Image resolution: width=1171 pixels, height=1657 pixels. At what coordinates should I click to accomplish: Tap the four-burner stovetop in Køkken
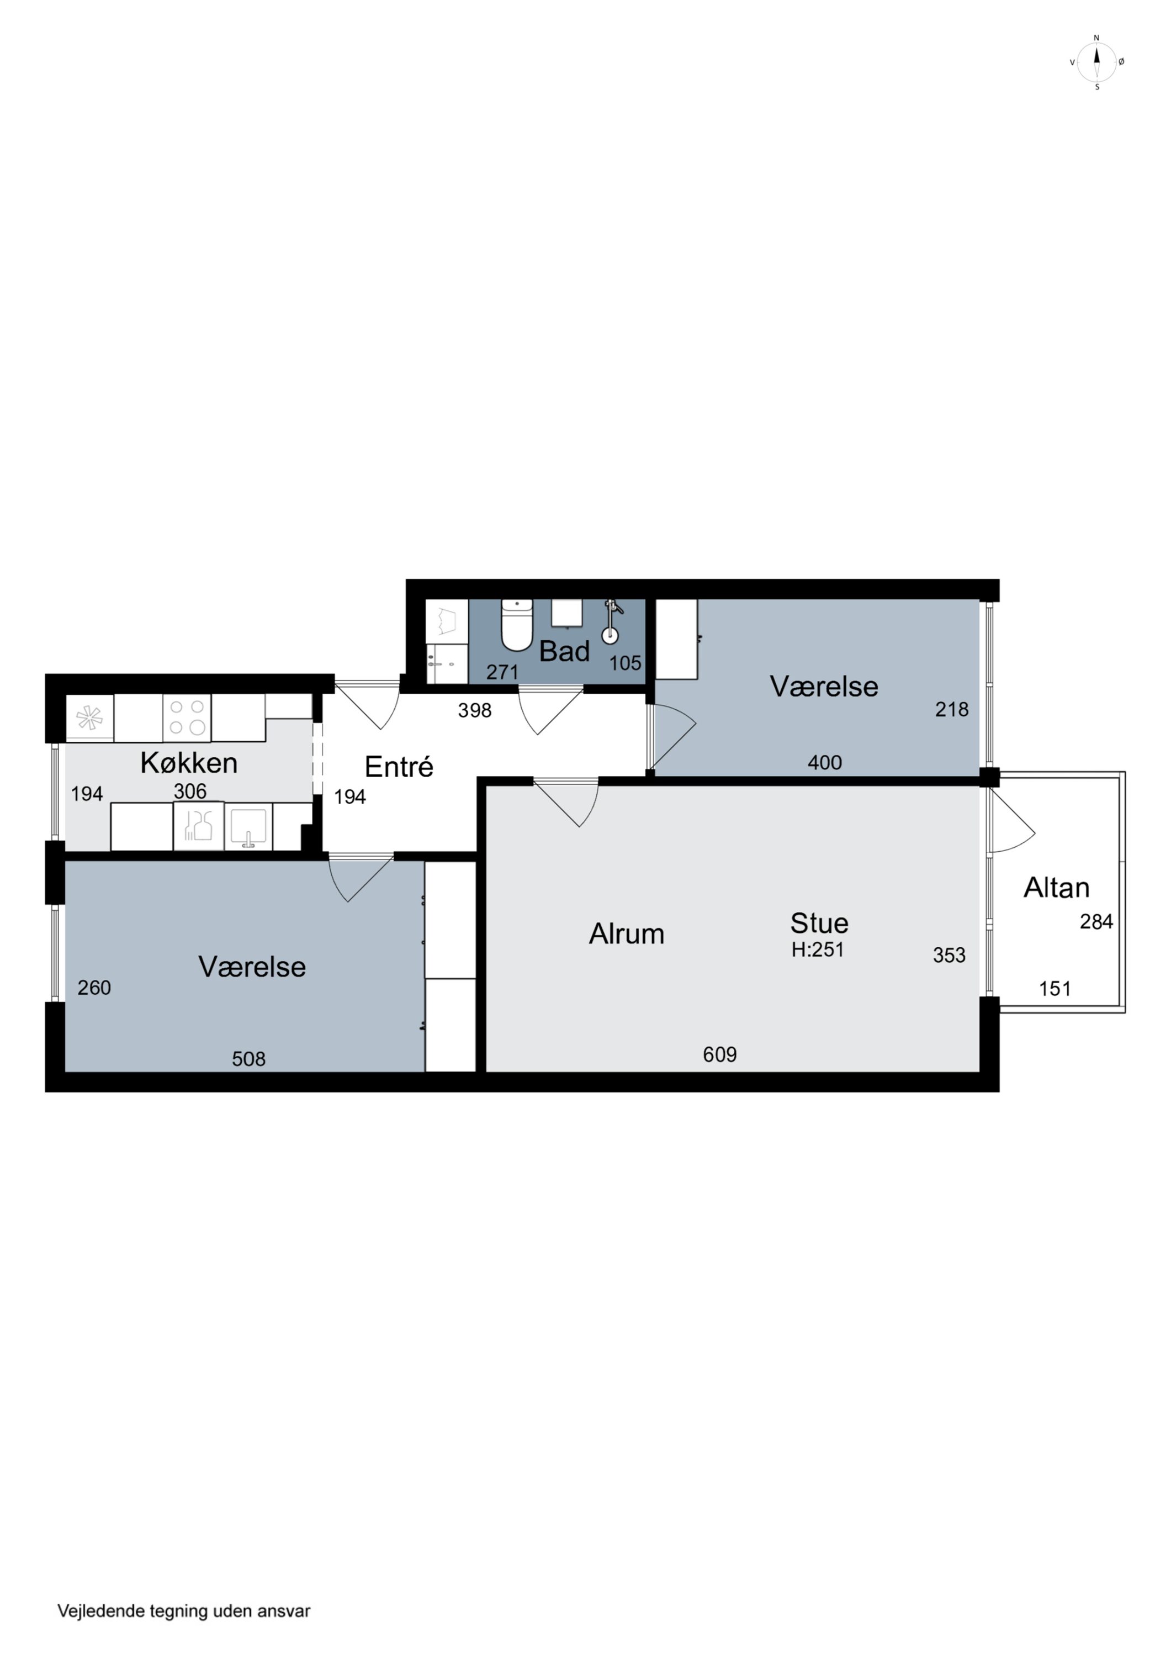click(x=187, y=717)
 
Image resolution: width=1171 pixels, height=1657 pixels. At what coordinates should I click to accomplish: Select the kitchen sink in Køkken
click(x=248, y=826)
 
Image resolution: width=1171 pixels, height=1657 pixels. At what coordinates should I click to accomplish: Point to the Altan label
click(x=1056, y=888)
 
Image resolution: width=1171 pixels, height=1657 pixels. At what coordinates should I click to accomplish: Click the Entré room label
click(x=399, y=767)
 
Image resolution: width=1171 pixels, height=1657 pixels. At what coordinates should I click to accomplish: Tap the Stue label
click(x=819, y=923)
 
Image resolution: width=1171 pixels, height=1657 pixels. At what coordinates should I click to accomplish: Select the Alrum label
click(x=626, y=934)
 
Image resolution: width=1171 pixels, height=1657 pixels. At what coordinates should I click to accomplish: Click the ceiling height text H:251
click(x=818, y=950)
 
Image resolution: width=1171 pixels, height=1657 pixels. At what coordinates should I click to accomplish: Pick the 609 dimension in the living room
click(x=719, y=1054)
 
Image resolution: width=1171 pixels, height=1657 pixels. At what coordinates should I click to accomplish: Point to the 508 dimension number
click(x=248, y=1059)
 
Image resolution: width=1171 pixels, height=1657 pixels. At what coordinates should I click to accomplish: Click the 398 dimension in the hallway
click(x=475, y=710)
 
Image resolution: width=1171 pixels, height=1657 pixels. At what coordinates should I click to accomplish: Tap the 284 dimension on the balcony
click(x=1096, y=922)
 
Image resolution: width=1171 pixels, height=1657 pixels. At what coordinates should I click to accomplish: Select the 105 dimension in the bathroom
click(x=625, y=663)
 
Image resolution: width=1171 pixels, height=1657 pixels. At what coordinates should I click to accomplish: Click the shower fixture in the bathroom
click(x=611, y=621)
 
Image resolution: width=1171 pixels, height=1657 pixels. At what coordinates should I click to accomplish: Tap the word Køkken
click(x=189, y=763)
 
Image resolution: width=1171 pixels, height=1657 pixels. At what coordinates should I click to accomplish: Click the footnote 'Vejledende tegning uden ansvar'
click(x=184, y=1611)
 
